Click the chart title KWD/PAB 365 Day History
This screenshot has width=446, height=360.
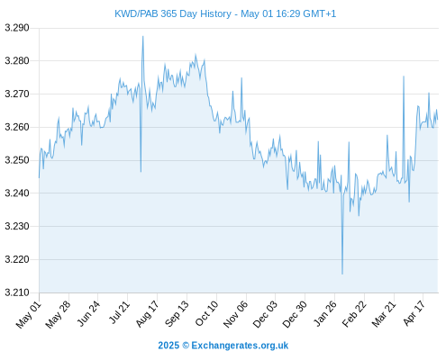pos(173,13)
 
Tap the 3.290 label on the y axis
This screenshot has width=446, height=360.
pos(17,28)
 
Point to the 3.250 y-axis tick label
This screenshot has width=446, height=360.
pos(17,160)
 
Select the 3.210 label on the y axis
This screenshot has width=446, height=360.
pos(17,292)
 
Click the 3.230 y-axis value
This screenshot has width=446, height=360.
pos(17,226)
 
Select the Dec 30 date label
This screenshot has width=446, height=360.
pos(295,314)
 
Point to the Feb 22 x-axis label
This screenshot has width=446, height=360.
pos(354,314)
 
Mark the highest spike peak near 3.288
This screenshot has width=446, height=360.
pos(143,37)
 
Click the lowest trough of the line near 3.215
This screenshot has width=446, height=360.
pos(342,274)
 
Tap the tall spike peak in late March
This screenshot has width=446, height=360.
pos(404,76)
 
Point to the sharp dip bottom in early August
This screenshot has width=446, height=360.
pos(141,172)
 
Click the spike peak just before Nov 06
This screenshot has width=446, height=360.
pos(241,78)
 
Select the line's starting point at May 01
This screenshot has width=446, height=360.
pos(39,178)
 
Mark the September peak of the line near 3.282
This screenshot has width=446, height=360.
pos(196,55)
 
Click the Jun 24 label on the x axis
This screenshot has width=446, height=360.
pos(87,314)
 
